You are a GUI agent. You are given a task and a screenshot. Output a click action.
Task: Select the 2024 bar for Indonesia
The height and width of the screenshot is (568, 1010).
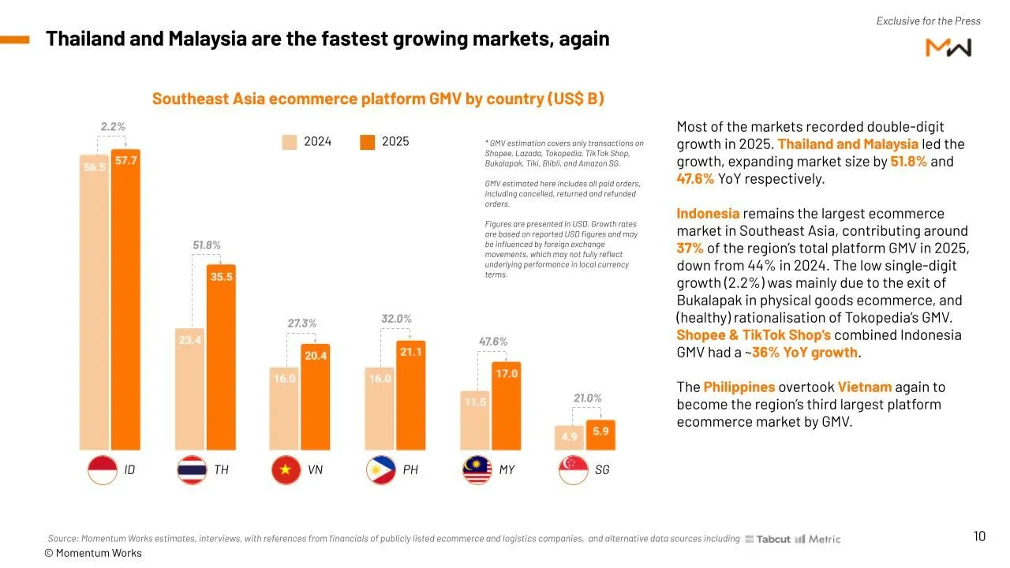click(95, 308)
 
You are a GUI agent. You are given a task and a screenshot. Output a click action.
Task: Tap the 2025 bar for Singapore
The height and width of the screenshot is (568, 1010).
click(601, 435)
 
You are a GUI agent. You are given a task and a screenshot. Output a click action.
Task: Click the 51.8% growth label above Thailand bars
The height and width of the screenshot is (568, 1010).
click(207, 245)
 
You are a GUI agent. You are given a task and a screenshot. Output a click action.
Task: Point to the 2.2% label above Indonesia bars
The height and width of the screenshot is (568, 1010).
click(113, 126)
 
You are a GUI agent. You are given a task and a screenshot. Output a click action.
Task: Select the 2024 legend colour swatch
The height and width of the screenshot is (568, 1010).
click(290, 142)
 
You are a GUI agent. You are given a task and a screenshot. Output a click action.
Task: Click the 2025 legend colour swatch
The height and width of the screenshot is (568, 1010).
click(367, 142)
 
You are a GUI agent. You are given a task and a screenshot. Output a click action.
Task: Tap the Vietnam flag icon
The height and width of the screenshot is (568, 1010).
click(286, 470)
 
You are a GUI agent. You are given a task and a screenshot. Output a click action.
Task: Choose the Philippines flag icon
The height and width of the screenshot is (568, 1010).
click(381, 470)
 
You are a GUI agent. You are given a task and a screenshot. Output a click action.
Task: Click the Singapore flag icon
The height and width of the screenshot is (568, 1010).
click(573, 470)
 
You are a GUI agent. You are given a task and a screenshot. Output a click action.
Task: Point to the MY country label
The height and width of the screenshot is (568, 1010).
click(507, 470)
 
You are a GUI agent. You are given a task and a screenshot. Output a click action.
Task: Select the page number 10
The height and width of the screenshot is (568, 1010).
click(979, 536)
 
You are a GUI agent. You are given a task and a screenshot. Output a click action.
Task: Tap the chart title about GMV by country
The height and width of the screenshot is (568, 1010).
click(378, 99)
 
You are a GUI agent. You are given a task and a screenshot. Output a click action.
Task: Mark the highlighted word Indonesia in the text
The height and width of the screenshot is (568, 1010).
click(708, 214)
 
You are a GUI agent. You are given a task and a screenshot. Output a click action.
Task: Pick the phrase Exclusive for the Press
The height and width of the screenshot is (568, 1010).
click(928, 21)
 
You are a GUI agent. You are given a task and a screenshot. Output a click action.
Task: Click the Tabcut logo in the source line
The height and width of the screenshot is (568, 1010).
click(768, 539)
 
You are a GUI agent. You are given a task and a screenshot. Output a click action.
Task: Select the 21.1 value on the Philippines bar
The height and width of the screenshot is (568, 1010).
click(411, 352)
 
